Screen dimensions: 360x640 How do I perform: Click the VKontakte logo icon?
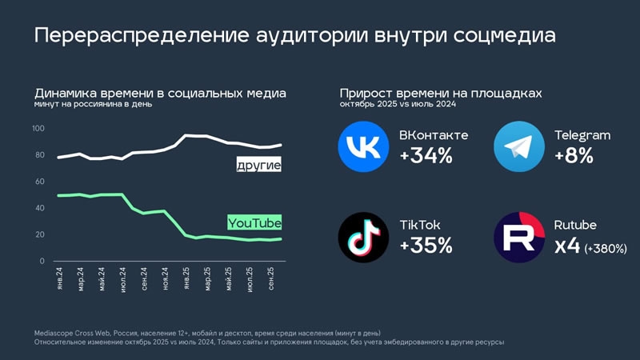point(364,147)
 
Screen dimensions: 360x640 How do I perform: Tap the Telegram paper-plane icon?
point(518,147)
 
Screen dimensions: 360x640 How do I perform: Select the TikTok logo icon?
point(364,238)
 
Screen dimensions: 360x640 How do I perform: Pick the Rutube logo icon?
point(518,238)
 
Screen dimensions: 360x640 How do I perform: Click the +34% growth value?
point(426,156)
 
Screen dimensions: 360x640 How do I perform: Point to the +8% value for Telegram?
point(574,156)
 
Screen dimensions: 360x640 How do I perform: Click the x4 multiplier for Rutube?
point(568,246)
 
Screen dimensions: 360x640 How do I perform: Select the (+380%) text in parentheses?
point(605,248)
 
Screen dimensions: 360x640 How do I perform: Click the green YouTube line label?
point(254,222)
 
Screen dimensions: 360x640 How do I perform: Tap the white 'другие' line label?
point(259,166)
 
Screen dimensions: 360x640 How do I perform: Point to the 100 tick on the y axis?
point(38,129)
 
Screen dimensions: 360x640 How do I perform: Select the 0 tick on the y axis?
point(42,261)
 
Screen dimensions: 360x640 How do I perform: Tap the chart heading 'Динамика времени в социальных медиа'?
point(160,94)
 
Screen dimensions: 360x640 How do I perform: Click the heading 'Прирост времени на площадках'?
point(440,94)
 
